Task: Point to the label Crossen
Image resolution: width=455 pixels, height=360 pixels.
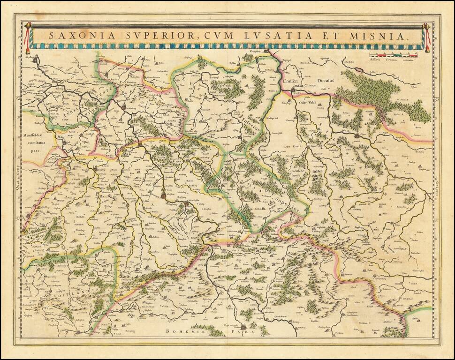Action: (291, 81)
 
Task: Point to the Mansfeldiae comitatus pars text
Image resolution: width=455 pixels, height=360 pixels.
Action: (35, 143)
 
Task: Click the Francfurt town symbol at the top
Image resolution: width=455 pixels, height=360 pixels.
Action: (268, 51)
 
